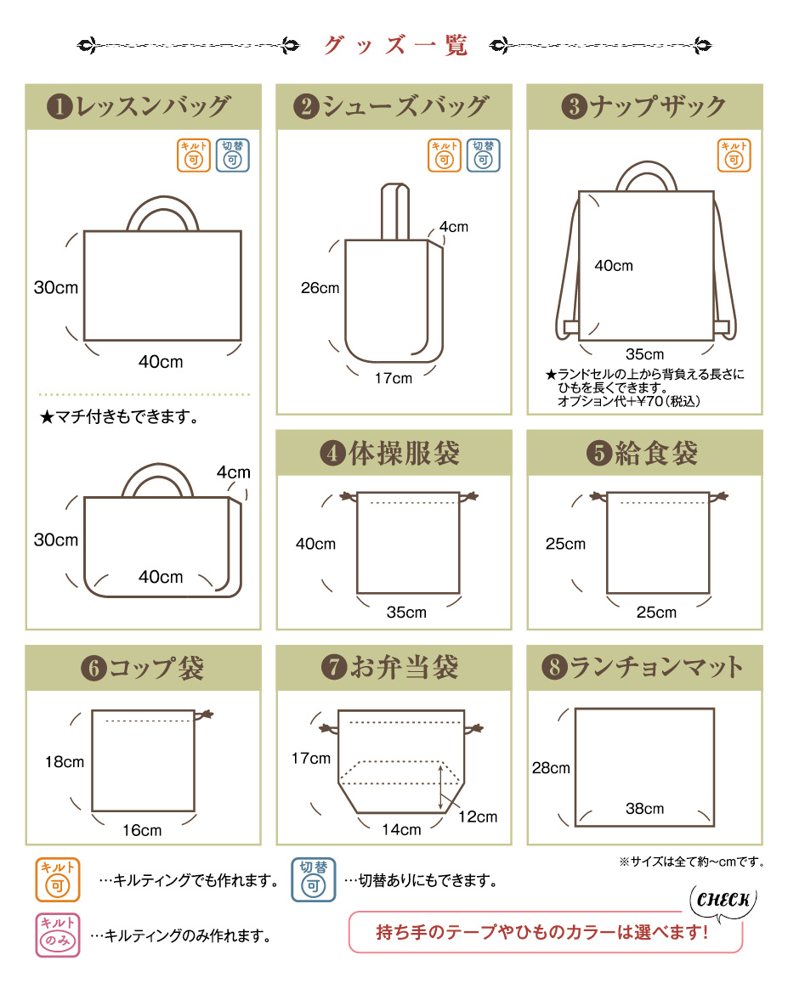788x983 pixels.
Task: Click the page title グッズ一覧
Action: point(395,45)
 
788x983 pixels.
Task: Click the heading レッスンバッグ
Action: point(153,106)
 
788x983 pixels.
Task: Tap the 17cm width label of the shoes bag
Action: point(394,379)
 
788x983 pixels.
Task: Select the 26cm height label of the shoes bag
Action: point(320,288)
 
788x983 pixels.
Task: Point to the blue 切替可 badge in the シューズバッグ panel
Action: point(483,155)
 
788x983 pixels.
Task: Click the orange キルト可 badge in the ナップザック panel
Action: point(734,155)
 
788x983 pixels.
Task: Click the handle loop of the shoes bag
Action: point(395,212)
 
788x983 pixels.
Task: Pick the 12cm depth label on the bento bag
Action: point(478,816)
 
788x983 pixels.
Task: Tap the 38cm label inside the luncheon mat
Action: point(644,809)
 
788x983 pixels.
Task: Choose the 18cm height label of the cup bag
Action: point(64,762)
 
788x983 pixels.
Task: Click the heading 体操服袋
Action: point(405,453)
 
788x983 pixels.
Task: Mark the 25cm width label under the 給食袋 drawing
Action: point(656,613)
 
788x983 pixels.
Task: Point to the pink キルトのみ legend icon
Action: point(58,935)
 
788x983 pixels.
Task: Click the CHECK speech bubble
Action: point(723,901)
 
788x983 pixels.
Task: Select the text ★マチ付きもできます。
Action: point(119,416)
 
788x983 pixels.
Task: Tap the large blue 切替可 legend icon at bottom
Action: point(314,879)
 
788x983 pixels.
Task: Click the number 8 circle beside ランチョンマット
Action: point(554,667)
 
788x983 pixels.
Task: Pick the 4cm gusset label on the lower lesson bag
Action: point(234,472)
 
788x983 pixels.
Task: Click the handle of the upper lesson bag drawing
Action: point(162,213)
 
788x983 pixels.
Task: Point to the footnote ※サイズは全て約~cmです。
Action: point(691,862)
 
